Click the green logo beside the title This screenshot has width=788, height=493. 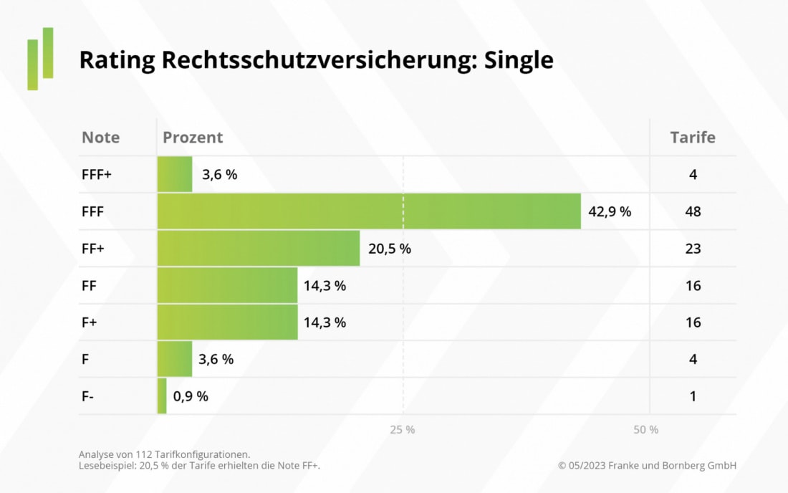click(x=40, y=59)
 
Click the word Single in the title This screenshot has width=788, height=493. click(x=519, y=60)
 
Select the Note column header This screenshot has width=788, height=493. click(x=101, y=138)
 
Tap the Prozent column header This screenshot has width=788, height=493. click(x=193, y=138)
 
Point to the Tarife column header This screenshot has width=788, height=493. click(x=692, y=138)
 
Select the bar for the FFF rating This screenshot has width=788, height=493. click(x=369, y=211)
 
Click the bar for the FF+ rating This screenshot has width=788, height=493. click(x=259, y=249)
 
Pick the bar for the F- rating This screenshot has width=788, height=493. click(x=162, y=396)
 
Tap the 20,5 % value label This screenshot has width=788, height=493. click(x=390, y=249)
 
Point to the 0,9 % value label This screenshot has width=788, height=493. click(x=191, y=396)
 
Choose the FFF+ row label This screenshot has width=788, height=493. click(x=97, y=174)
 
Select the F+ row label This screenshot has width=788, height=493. click(x=89, y=322)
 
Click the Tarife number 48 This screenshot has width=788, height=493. click(x=693, y=211)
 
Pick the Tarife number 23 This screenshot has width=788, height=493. click(x=693, y=249)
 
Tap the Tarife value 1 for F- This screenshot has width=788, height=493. click(x=693, y=396)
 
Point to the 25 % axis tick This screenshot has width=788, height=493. click(x=403, y=430)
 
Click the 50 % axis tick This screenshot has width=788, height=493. click(x=646, y=430)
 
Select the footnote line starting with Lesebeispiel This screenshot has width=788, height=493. click(x=200, y=466)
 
